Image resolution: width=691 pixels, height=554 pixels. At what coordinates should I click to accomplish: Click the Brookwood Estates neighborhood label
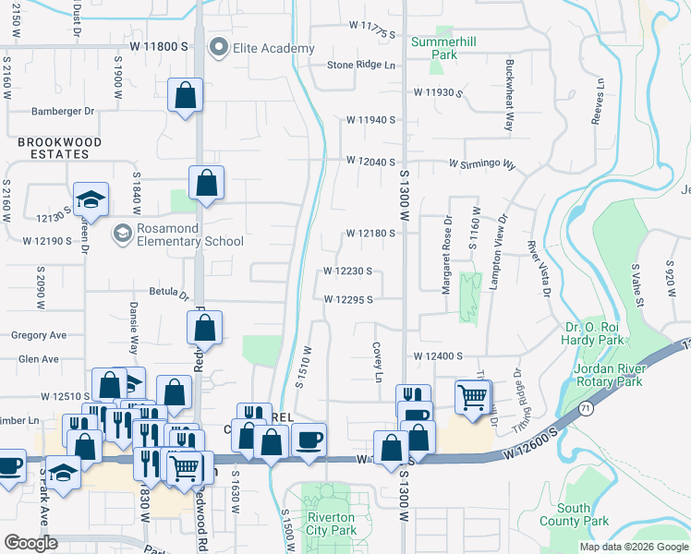[45, 148]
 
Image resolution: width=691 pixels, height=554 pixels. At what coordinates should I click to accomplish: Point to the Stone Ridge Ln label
[361, 66]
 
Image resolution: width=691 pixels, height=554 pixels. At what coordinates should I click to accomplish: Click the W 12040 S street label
[370, 161]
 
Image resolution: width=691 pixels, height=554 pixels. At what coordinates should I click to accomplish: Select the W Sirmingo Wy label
[481, 163]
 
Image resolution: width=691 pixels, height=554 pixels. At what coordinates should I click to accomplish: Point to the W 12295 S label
[348, 300]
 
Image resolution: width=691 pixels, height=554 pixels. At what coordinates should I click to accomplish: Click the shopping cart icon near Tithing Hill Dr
[473, 397]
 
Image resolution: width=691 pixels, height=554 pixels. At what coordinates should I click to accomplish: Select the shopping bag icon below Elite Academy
[186, 95]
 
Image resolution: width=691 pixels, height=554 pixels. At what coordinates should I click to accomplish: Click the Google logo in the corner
[30, 543]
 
